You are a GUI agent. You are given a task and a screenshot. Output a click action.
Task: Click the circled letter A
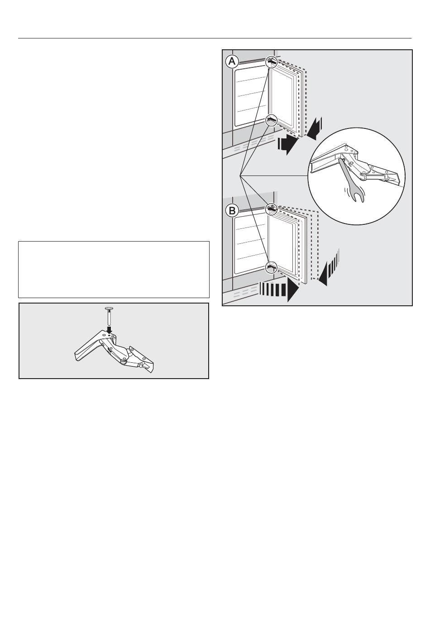(x=232, y=62)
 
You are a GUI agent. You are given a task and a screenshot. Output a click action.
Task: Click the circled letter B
(x=232, y=211)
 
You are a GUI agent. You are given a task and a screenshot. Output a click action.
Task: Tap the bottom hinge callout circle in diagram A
(x=271, y=120)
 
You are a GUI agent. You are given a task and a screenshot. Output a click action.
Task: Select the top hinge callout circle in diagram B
(x=271, y=209)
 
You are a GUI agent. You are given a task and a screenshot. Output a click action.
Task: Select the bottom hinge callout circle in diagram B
(x=271, y=267)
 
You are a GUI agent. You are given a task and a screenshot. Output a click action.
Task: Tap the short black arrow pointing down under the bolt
(x=110, y=330)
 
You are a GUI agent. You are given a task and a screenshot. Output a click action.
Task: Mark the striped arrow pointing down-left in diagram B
(x=328, y=267)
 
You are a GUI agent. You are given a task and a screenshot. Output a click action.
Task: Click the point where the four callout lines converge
(x=240, y=175)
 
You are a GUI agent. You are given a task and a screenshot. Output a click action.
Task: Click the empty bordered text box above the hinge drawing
(x=114, y=270)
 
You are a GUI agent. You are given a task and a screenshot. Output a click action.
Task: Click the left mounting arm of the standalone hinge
(x=88, y=349)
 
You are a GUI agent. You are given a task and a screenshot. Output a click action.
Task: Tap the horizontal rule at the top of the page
(x=215, y=38)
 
